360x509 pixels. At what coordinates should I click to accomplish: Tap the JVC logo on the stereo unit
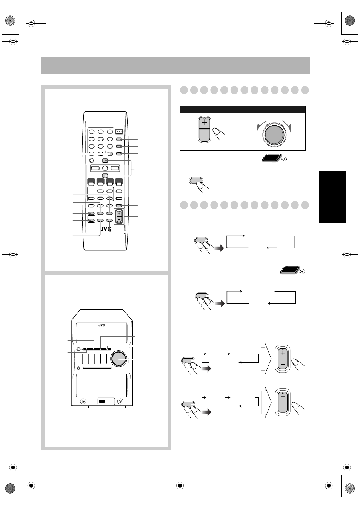[x=102, y=325]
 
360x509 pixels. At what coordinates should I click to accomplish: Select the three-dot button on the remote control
[x=119, y=132]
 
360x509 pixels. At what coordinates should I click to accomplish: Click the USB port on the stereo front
[x=102, y=401]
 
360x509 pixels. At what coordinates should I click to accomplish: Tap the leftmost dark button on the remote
[x=91, y=182]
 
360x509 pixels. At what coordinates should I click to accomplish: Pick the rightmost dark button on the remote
[x=119, y=182]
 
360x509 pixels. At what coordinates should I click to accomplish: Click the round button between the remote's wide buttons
[x=105, y=168]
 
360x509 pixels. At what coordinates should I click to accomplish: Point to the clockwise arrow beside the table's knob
[x=287, y=126]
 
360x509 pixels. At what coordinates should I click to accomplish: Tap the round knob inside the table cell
[x=274, y=135]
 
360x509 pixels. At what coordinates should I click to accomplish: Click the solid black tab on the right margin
[x=332, y=197]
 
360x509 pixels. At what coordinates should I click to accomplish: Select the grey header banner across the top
[x=175, y=65]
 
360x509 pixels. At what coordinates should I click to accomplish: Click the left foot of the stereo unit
[x=83, y=407]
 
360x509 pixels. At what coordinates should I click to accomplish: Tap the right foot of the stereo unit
[x=120, y=407]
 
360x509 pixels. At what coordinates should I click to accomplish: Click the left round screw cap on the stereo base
[x=83, y=401]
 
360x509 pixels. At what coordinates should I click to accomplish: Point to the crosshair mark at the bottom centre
[x=180, y=486]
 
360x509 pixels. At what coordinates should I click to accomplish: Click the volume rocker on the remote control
[x=119, y=216]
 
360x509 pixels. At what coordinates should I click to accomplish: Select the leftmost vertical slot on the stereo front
[x=82, y=359]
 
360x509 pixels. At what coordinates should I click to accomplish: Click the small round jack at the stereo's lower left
[x=78, y=368]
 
